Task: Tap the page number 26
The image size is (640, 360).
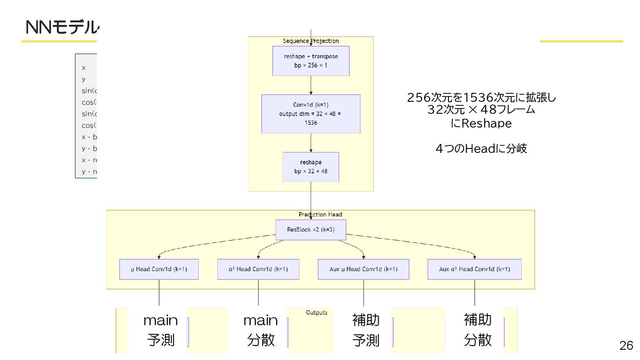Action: [626, 345]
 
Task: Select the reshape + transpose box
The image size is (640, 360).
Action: [311, 61]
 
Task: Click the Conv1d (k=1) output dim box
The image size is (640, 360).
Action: [311, 113]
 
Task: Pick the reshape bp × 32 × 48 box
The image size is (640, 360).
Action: [311, 167]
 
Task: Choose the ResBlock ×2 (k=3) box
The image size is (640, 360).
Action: [311, 230]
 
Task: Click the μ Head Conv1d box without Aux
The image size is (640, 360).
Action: [159, 269]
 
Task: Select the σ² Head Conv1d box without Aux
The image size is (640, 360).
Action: [258, 269]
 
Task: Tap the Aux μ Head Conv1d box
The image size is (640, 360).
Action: [364, 269]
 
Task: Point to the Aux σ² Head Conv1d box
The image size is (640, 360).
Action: [474, 269]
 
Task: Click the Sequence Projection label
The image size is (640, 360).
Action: [311, 41]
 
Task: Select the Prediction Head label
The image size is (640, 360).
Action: [320, 214]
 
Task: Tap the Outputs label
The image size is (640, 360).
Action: [316, 312]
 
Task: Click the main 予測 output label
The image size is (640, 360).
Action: [160, 330]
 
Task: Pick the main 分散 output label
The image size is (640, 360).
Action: [260, 330]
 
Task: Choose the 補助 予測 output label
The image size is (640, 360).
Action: [366, 330]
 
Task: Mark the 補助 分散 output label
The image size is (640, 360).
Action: [478, 330]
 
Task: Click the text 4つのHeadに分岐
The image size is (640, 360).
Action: [481, 148]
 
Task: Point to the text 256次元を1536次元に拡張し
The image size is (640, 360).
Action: [481, 97]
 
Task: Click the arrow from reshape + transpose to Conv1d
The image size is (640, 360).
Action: [311, 85]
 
